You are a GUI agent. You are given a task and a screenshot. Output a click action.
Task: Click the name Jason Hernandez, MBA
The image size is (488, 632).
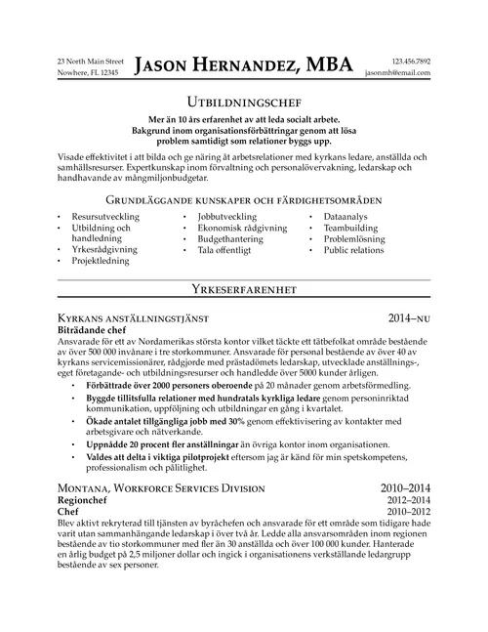coord(244,65)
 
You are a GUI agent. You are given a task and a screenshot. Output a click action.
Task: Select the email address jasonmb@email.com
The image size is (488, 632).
coord(398,73)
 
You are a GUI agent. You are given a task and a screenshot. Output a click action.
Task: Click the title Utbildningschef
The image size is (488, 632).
coord(244,101)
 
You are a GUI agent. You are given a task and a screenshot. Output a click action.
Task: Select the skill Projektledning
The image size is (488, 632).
coord(103,261)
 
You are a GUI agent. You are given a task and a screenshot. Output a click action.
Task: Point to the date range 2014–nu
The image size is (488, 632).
coord(409,318)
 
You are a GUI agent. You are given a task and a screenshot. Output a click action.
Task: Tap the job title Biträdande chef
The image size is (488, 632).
coord(95,331)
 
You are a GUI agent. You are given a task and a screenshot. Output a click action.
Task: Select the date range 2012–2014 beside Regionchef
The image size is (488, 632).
coord(408,499)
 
